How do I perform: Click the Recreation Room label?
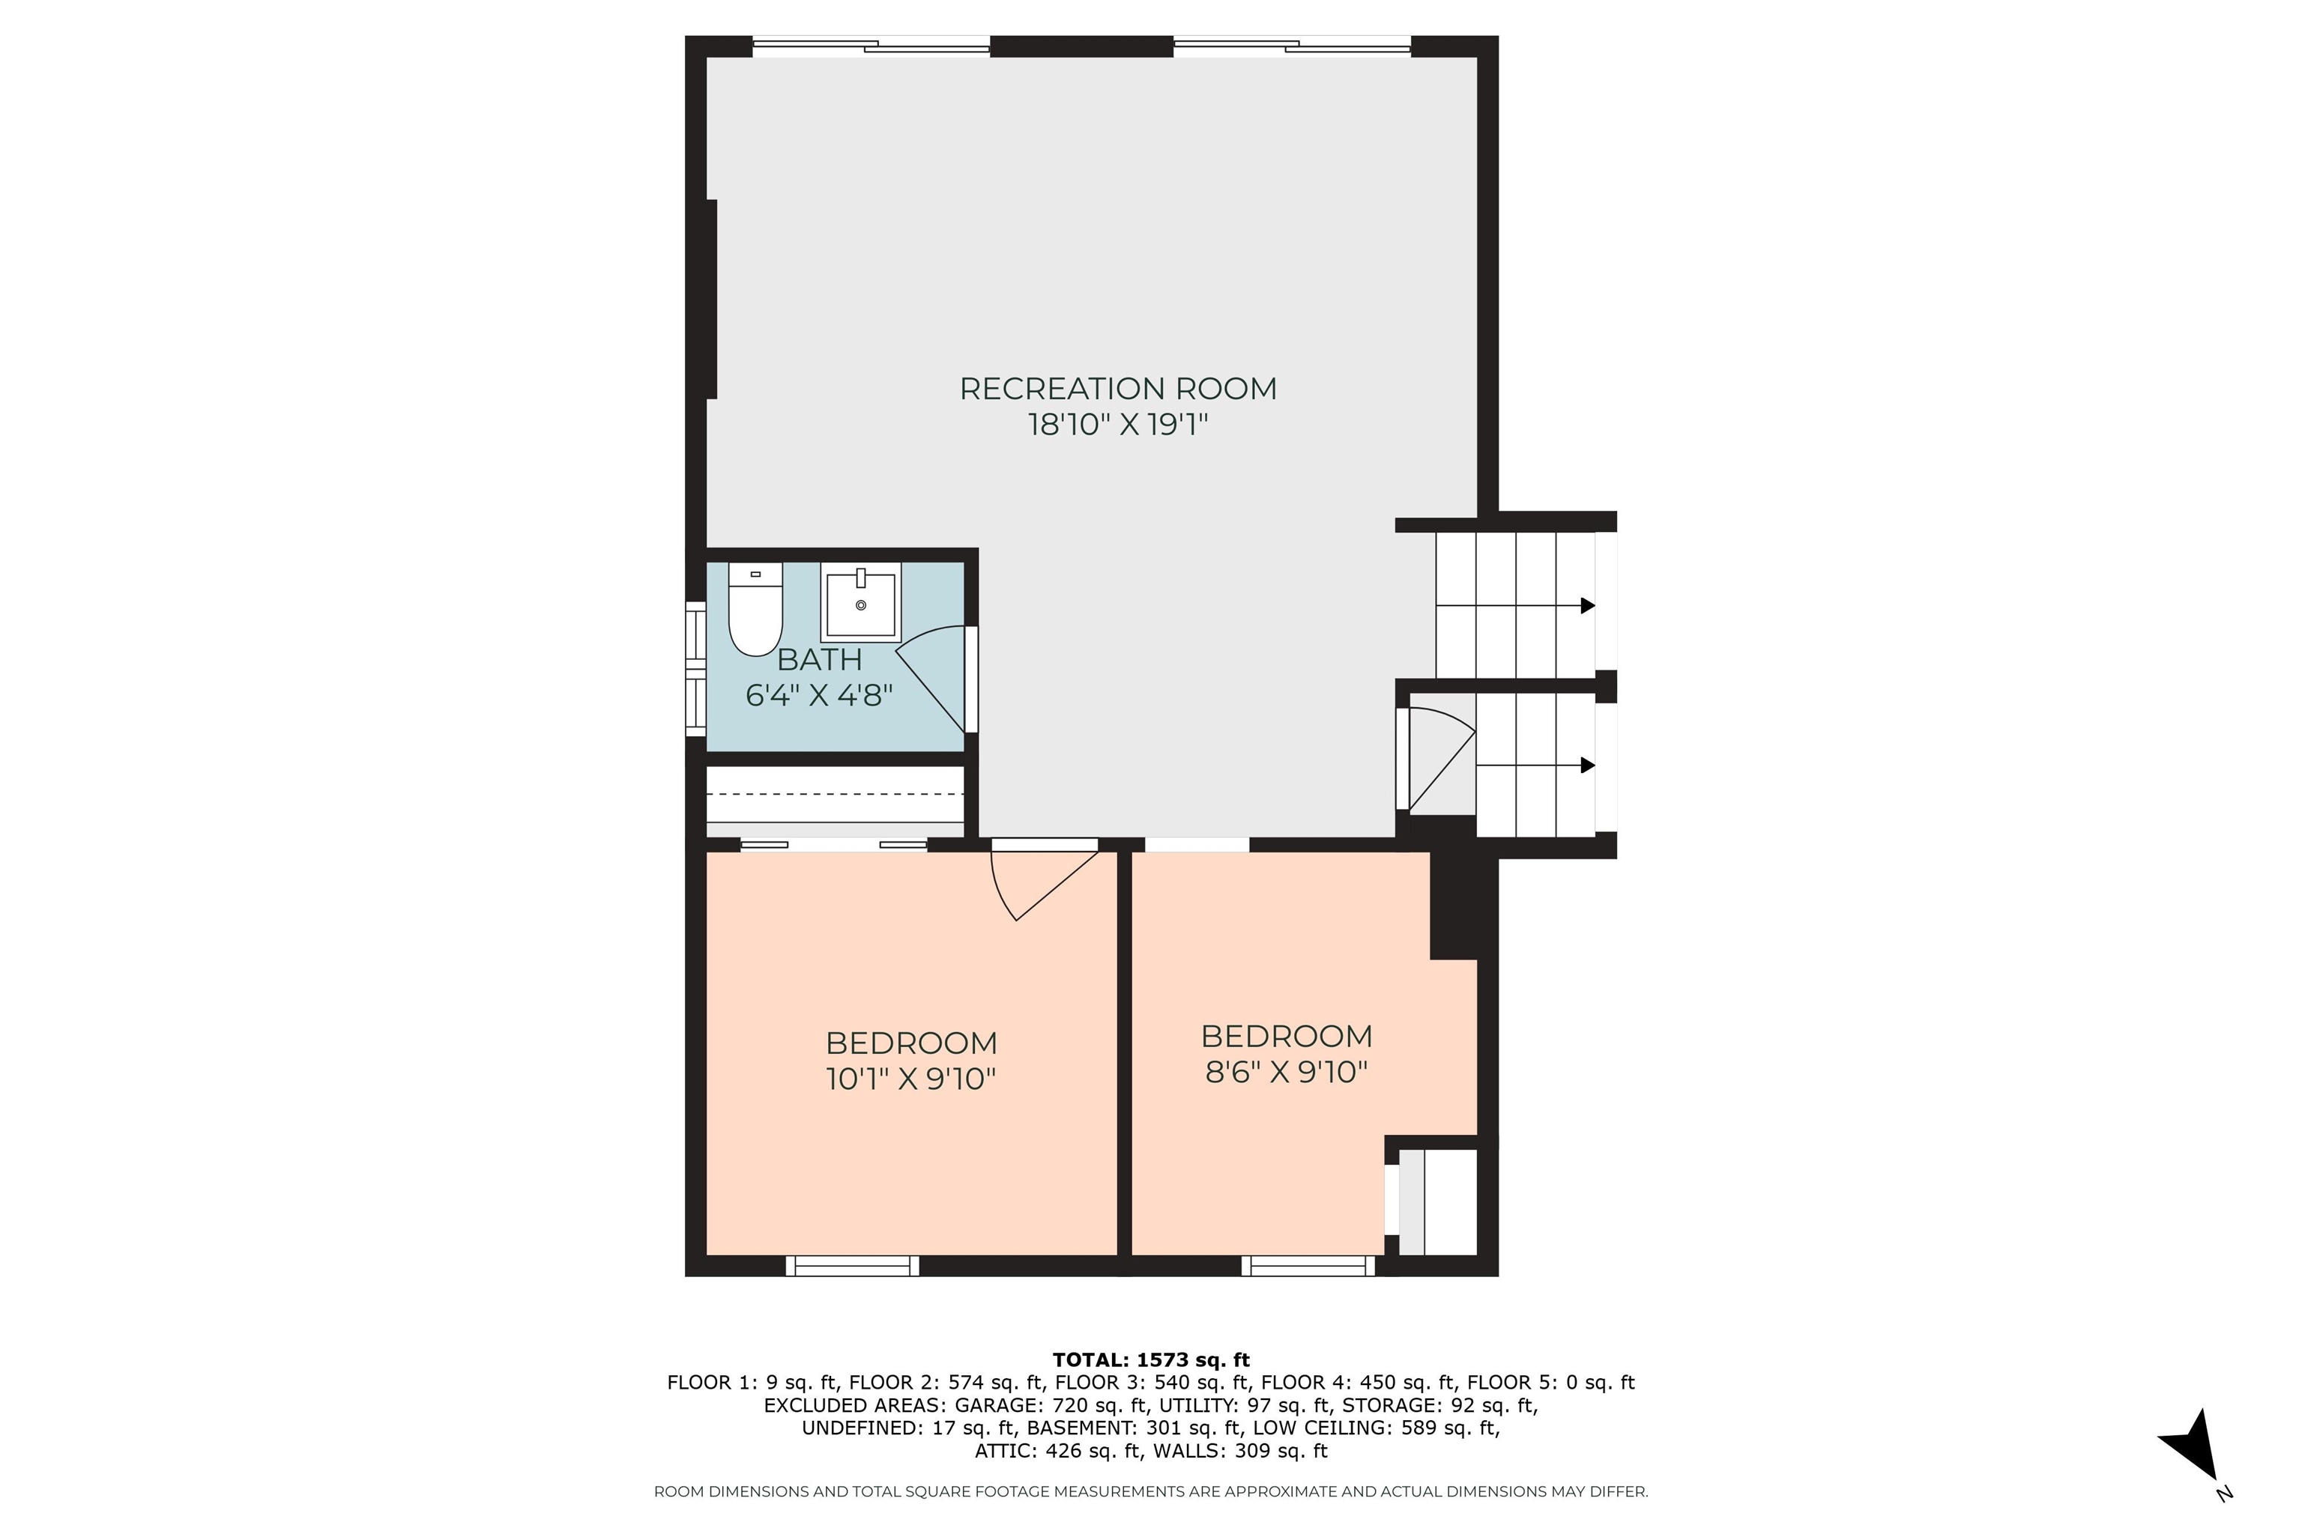pyautogui.click(x=1118, y=389)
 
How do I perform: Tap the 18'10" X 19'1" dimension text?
pyautogui.click(x=1118, y=425)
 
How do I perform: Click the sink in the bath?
pyautogui.click(x=860, y=604)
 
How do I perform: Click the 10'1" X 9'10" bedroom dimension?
pyautogui.click(x=910, y=1079)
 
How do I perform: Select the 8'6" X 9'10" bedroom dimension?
pyautogui.click(x=1285, y=1073)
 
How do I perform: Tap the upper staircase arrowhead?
pyautogui.click(x=1588, y=605)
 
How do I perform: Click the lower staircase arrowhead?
pyautogui.click(x=1588, y=765)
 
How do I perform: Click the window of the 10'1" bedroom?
pyautogui.click(x=853, y=1266)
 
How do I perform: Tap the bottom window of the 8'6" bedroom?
pyautogui.click(x=1308, y=1266)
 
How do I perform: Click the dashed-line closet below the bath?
pyautogui.click(x=835, y=795)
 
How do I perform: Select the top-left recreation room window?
pyautogui.click(x=871, y=46)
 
